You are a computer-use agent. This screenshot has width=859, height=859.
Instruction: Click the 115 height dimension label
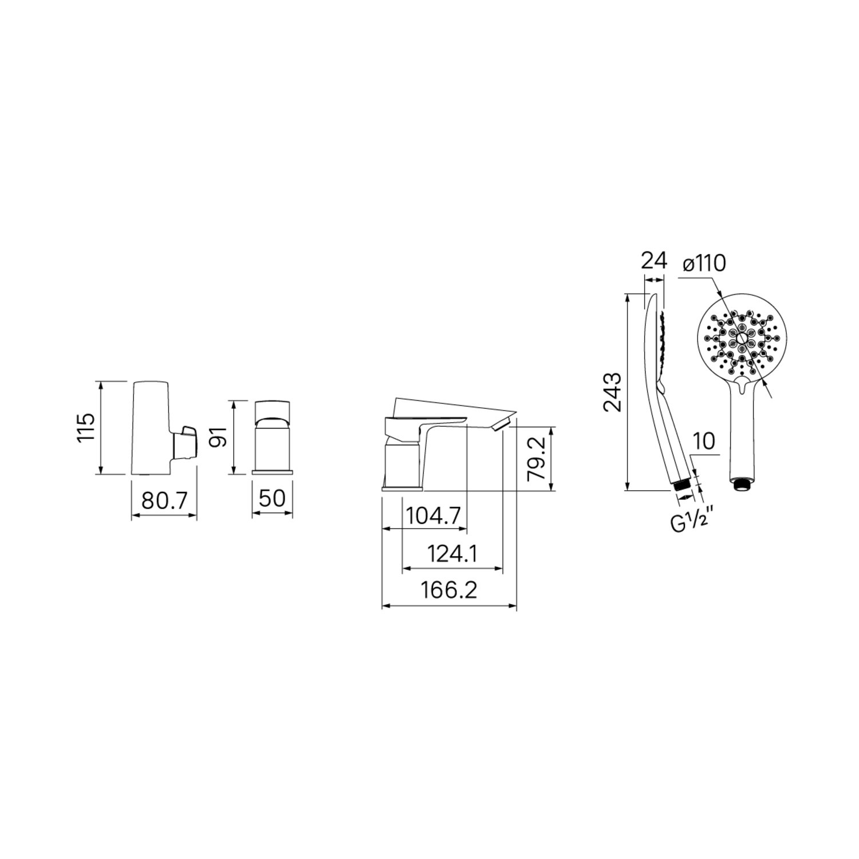point(86,427)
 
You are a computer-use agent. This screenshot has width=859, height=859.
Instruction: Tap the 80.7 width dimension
point(164,501)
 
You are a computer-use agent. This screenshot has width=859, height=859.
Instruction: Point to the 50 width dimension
point(272,498)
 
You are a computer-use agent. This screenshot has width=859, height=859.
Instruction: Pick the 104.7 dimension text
point(434,517)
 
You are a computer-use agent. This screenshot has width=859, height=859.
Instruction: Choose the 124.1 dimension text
point(452,554)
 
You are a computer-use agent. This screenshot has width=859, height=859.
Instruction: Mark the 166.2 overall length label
point(450,590)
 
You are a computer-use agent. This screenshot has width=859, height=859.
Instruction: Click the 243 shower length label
point(612,392)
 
